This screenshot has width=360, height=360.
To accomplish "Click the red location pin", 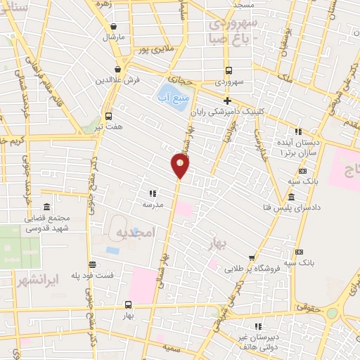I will pyautogui.click(x=180, y=165).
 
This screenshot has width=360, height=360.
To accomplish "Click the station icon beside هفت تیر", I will pyautogui.click(x=108, y=117).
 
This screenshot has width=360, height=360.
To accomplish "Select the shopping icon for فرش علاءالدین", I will pyautogui.click(x=117, y=70).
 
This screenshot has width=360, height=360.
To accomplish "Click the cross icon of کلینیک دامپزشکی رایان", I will pyautogui.click(x=227, y=100).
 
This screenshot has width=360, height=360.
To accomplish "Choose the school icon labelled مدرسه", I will pyautogui.click(x=152, y=193).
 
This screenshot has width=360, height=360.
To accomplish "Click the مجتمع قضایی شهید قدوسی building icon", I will pyautogui.click(x=46, y=207).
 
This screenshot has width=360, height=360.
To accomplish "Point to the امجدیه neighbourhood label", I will pyautogui.click(x=131, y=233).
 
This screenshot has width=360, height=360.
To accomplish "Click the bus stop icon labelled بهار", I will pyautogui.click(x=128, y=304).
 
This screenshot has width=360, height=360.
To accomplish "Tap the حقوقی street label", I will pyautogui.click(x=307, y=307).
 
